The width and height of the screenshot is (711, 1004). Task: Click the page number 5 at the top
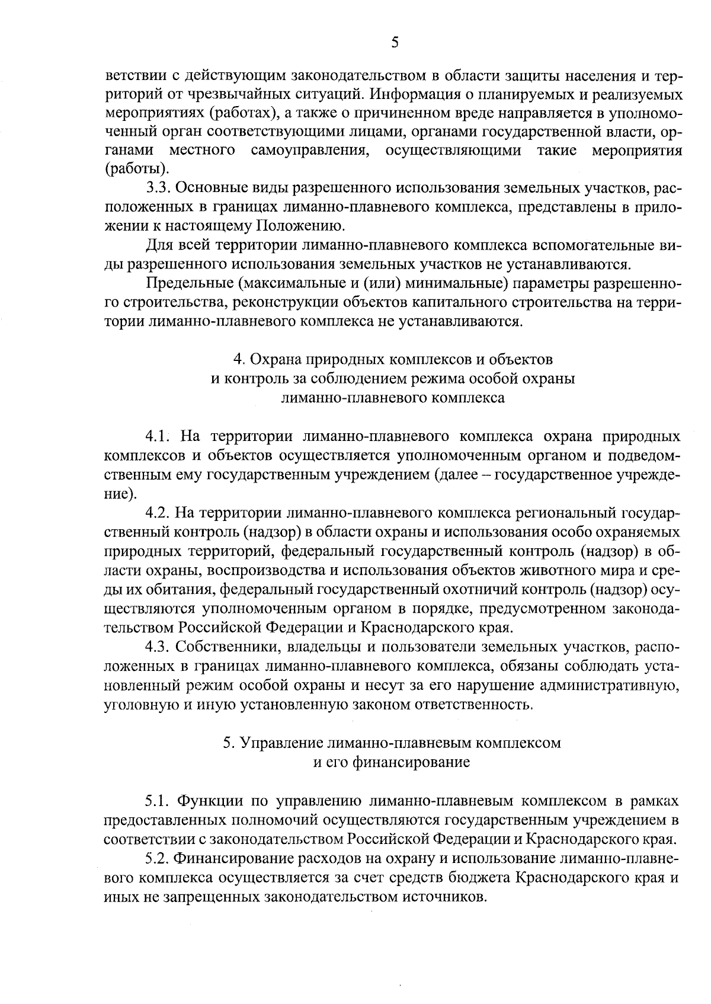pyautogui.click(x=395, y=41)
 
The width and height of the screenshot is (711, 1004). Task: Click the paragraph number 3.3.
pyautogui.click(x=158, y=188)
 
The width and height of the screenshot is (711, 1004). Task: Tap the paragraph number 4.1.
pyautogui.click(x=158, y=437)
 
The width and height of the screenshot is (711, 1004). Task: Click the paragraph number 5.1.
pyautogui.click(x=158, y=801)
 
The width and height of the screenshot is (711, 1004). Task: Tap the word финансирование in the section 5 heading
pyautogui.click(x=411, y=762)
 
